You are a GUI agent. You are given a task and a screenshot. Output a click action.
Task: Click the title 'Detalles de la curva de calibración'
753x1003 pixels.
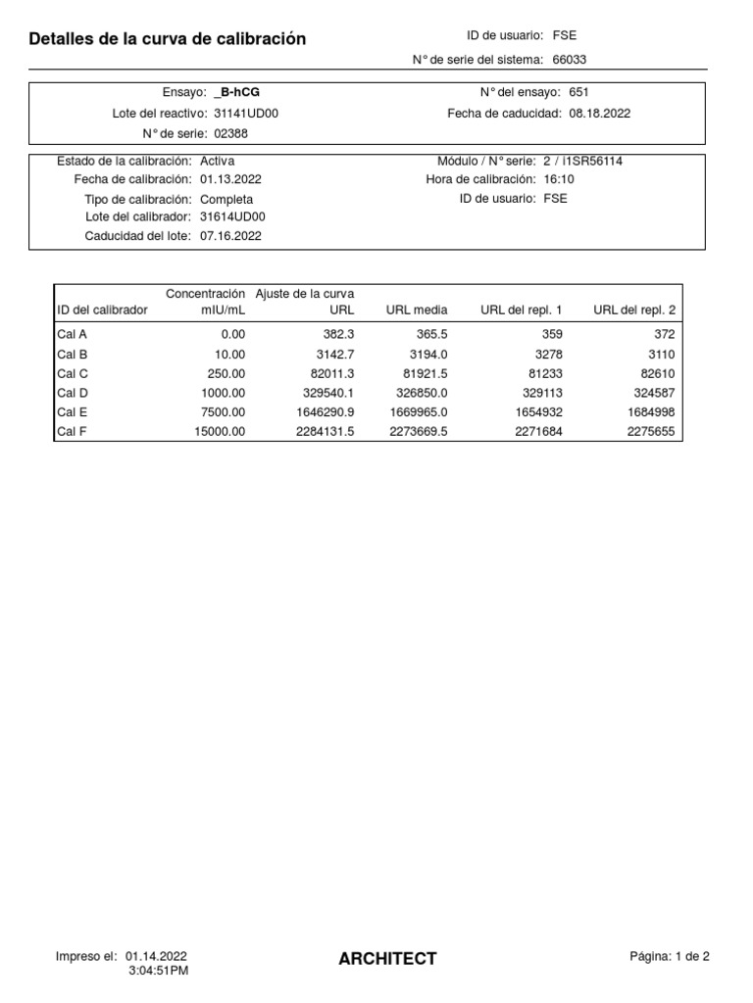[x=168, y=39]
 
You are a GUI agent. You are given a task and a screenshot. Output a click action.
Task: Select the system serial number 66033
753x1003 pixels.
[x=570, y=60]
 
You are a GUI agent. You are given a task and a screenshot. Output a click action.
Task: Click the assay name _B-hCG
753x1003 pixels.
[x=236, y=92]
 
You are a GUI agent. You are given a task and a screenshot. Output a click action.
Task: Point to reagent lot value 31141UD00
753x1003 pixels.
[x=246, y=114]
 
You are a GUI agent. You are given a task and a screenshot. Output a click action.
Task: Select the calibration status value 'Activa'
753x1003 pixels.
[x=217, y=161]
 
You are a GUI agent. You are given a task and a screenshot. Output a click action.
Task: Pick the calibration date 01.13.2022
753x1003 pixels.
[x=230, y=179]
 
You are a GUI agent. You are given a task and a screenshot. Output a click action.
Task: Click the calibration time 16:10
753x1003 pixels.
[x=559, y=179]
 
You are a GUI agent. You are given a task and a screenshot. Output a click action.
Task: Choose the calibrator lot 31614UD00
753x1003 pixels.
[x=232, y=216]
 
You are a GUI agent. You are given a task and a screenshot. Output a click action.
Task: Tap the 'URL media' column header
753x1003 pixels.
[x=417, y=310]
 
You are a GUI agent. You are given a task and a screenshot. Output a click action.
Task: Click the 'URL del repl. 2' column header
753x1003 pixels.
[x=634, y=310]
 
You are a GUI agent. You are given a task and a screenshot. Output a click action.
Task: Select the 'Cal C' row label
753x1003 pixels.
[x=73, y=373]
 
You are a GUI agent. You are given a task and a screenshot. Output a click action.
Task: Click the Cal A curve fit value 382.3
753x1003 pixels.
[x=335, y=334]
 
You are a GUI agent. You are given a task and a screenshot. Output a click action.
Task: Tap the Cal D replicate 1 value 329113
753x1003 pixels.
[x=539, y=393]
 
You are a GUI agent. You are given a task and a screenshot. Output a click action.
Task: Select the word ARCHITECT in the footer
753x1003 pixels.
[x=387, y=959]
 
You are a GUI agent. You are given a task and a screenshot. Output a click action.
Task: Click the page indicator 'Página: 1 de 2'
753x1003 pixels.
[x=670, y=957]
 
